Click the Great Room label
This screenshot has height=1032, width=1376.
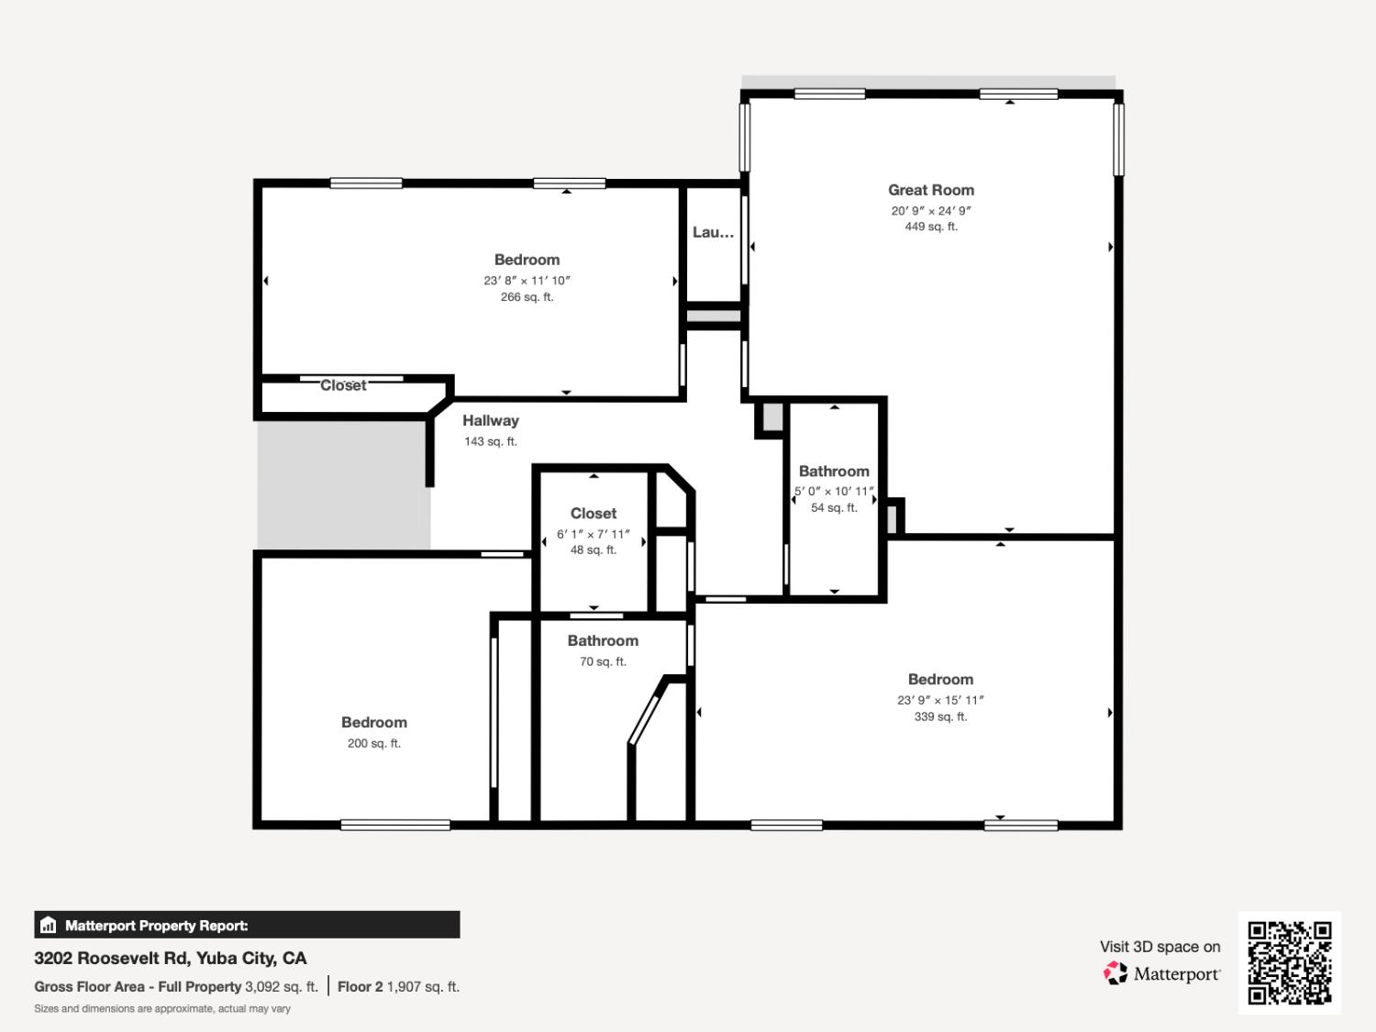coord(930,190)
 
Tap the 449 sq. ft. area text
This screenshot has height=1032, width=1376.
coord(930,227)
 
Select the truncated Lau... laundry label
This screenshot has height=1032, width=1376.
coord(713,232)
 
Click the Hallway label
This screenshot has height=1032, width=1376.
coord(490,420)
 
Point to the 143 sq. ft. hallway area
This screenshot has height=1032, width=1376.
coord(490,441)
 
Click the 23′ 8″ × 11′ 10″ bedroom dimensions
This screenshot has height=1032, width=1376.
coord(527,281)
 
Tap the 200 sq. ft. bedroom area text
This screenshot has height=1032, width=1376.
coord(373,743)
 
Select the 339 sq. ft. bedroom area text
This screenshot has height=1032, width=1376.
coord(940,716)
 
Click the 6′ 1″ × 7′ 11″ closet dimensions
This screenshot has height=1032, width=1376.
coord(593,534)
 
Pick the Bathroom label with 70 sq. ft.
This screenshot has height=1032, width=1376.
coord(603,640)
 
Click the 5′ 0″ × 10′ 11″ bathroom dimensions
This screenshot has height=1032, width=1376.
coord(834,492)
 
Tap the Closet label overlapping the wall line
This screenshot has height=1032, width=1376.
coord(343,385)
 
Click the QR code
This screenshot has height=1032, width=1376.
coord(1289,962)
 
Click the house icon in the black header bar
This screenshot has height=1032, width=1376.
coord(49,926)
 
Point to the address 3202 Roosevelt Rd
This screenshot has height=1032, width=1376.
coord(171,958)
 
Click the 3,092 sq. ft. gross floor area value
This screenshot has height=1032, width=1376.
coord(281,987)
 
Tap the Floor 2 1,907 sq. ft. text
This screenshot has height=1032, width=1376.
coord(398,987)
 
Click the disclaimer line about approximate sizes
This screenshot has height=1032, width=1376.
coord(162,1008)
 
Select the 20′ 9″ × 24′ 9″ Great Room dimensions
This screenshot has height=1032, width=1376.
coord(930,210)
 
